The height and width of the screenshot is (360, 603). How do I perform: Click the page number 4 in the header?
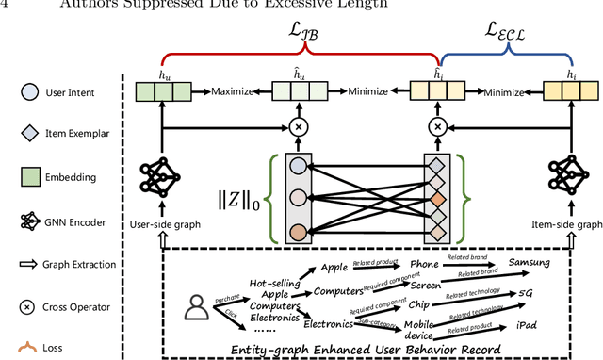pyautogui.click(x=8, y=7)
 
